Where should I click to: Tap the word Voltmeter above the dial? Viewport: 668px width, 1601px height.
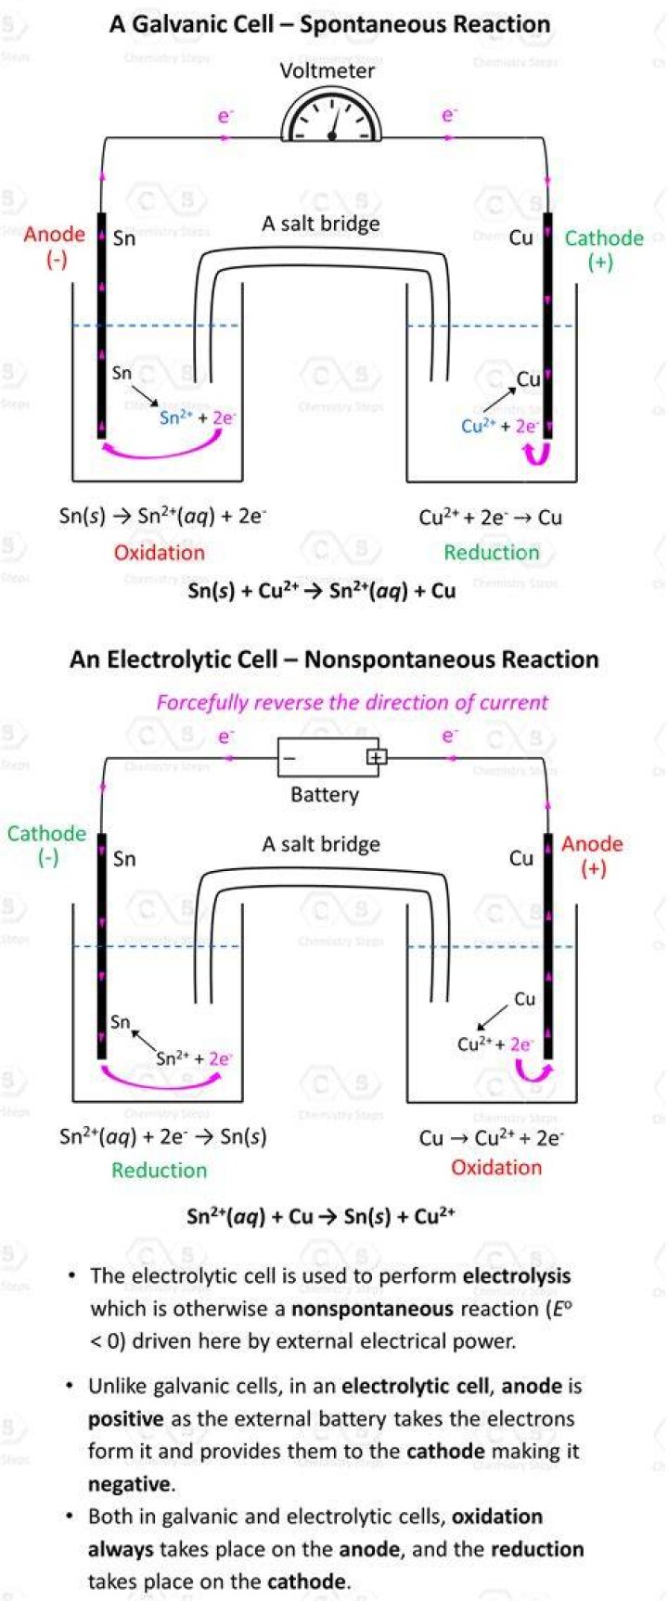pos(328,70)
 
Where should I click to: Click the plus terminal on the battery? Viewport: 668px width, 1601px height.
pos(375,757)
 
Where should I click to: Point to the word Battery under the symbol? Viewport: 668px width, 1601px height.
pos(325,794)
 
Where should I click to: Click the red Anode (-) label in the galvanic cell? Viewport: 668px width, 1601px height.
pos(55,246)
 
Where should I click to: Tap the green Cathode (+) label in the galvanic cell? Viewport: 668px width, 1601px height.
pos(604,250)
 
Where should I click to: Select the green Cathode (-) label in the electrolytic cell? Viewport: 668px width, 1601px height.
pos(46,845)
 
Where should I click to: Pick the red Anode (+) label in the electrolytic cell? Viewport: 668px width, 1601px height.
pos(592,855)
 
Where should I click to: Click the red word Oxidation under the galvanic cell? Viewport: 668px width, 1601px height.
pos(160,553)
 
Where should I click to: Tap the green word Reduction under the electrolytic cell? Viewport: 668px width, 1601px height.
pos(160,1171)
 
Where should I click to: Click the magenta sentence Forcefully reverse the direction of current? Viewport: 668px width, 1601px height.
pos(352,702)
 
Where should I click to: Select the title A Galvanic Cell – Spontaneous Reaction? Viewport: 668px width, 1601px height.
pos(330,24)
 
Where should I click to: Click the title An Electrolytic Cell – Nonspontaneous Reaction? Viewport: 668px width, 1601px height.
pos(334,660)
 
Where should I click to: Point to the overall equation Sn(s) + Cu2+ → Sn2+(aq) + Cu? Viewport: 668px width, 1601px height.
pos(322,590)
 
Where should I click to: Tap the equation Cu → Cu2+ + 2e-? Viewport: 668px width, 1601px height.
pos(492,1137)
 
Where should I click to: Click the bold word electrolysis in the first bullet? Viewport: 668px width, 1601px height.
pos(517,1276)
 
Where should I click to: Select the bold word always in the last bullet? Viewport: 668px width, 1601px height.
pos(122,1550)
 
